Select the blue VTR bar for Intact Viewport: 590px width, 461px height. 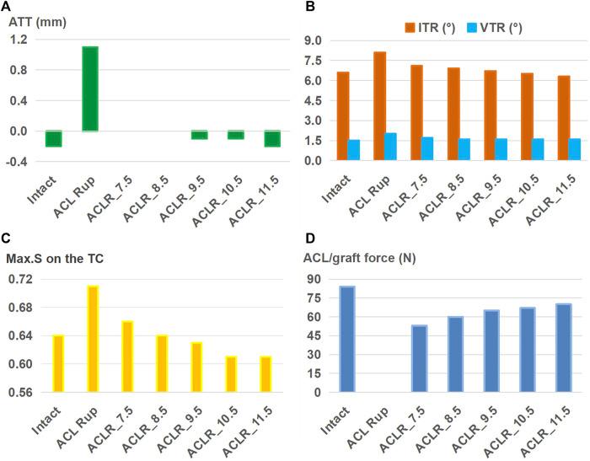click(x=353, y=150)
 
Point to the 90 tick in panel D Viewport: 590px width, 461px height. click(x=319, y=279)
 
